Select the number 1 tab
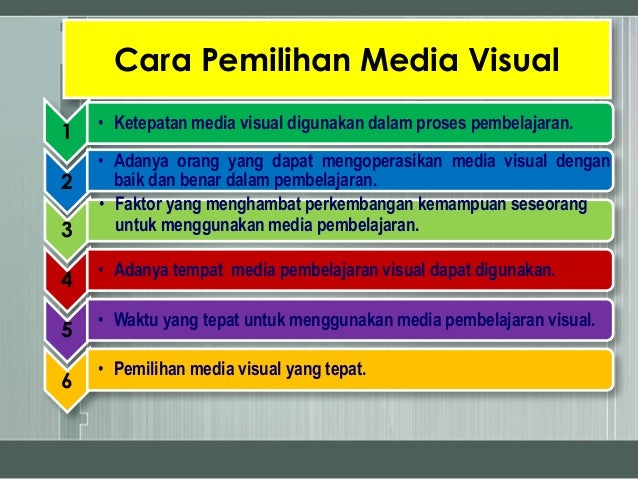tap(66, 132)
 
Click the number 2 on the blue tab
tap(66, 182)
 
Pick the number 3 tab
tap(66, 231)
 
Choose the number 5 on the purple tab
tap(66, 331)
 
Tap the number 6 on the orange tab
tap(66, 380)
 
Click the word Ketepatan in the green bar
tap(148, 124)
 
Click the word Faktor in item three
tap(138, 207)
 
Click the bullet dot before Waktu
tap(103, 322)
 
